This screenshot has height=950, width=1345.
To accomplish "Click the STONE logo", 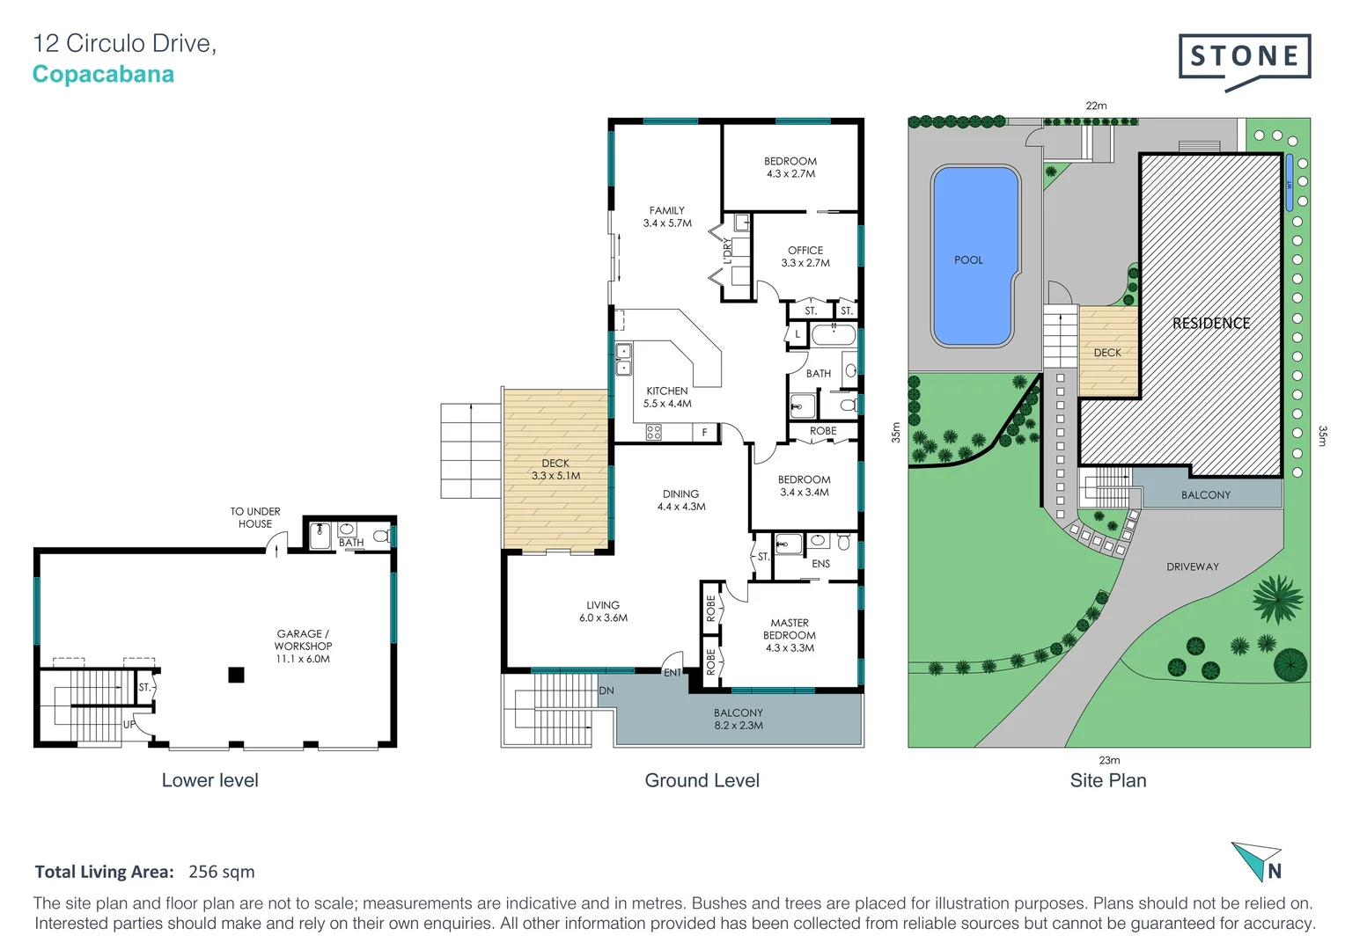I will pos(1244,58).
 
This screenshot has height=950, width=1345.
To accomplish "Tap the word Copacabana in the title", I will pos(103,75).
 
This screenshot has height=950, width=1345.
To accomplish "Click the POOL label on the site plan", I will pos(968,260).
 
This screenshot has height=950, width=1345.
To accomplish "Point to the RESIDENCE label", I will pos(1210,324).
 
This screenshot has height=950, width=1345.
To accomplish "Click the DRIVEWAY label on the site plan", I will pos(1192,567).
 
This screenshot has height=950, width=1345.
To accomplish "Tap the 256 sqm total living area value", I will pos(221,872).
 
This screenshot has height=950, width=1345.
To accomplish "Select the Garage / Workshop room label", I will pos(303,646).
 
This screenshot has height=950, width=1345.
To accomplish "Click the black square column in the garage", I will pos(236,675).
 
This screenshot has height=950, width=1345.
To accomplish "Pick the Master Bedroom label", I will pos(790,635).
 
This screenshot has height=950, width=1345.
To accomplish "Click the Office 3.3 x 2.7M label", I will pos(805,257).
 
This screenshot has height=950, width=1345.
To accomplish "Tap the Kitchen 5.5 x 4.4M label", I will pos(666,398).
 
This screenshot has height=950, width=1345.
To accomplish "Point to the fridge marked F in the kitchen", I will pos(704,433).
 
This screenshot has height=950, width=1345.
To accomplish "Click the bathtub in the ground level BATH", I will pos(833,335).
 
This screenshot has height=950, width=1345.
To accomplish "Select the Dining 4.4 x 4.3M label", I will pos(680,501).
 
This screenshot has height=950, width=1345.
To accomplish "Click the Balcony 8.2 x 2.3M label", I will pos(738,720).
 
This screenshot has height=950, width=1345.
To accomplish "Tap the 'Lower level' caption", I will pos(209,780).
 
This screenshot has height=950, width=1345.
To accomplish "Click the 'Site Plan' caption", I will pos(1107,780).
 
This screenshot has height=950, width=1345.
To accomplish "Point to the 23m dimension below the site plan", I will pos(1109,760).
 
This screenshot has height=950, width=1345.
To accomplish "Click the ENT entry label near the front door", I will pos(672,673).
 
